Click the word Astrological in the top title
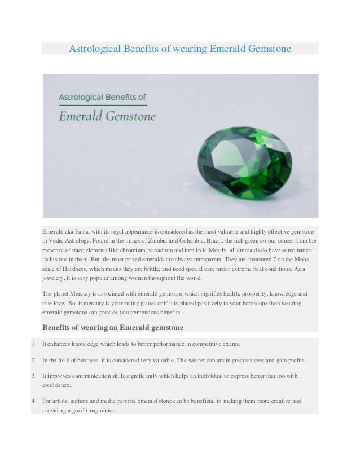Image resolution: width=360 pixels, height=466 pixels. pyautogui.click(x=93, y=49)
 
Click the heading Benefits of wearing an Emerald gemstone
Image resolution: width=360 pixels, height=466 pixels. pyautogui.click(x=113, y=327)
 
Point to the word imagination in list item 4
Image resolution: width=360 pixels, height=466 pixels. pyautogui.click(x=98, y=410)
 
